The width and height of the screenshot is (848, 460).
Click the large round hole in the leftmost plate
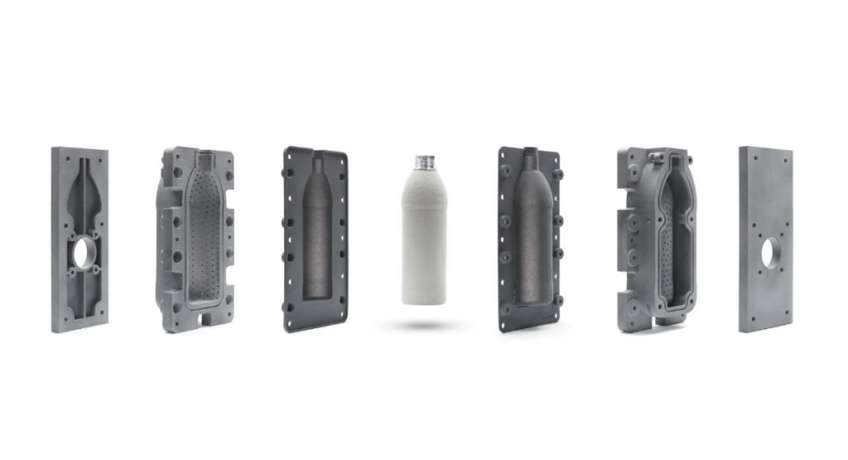click(x=84, y=254)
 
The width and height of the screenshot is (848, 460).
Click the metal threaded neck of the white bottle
click(x=425, y=162)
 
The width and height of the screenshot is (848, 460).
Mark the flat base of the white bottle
click(x=424, y=299)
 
